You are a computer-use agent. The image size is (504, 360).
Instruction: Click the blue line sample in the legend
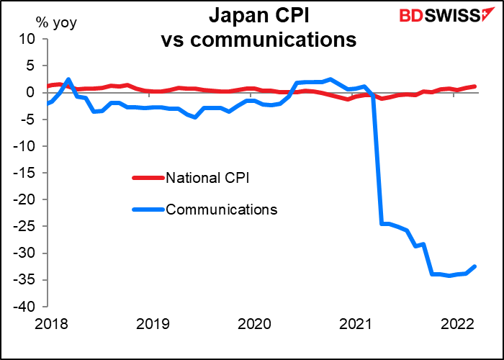pos(148,210)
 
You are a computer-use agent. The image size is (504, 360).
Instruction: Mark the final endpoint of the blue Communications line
pos(476,266)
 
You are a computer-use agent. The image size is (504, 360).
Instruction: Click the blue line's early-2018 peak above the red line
pos(68,79)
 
